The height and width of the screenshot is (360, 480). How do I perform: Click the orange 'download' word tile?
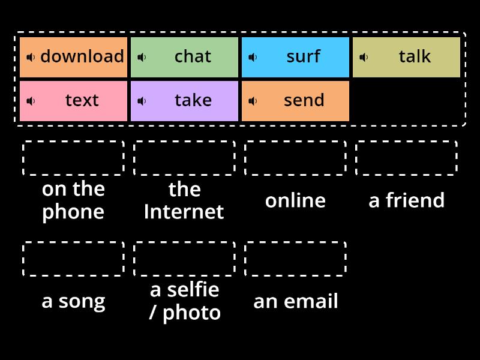(74, 57)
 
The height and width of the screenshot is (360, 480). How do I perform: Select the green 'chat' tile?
(185, 57)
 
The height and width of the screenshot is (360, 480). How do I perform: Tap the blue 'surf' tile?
(296, 57)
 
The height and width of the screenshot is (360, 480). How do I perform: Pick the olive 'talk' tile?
(407, 57)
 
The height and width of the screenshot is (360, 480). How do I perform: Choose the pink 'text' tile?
(74, 101)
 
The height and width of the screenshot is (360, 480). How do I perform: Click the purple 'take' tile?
(185, 101)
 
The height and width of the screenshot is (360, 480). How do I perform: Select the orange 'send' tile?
(296, 101)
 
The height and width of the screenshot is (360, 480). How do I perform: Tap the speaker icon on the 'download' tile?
(31, 57)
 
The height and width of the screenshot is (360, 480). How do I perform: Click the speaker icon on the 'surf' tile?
(253, 57)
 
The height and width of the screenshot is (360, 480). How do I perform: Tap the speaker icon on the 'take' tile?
(142, 101)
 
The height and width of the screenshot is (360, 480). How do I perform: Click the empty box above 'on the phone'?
(73, 158)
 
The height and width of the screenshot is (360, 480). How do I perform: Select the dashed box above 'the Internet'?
(184, 158)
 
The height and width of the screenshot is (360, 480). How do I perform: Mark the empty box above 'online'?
(295, 158)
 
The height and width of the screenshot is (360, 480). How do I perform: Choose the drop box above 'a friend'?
(406, 158)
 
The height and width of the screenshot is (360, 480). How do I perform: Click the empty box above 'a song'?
(73, 259)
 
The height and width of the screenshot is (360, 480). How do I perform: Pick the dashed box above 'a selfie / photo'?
(184, 259)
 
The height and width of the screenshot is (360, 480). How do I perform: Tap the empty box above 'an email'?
(295, 259)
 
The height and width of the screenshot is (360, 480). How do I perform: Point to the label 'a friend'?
(406, 200)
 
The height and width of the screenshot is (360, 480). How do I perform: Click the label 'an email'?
(295, 301)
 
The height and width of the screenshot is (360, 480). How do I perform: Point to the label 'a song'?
(73, 301)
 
